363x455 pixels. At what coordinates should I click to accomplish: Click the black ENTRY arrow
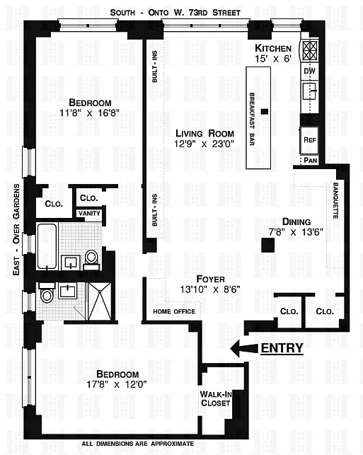243,348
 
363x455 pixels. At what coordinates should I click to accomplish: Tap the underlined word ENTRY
282,348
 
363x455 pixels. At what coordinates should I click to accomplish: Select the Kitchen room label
273,48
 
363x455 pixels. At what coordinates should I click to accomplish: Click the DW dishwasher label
310,71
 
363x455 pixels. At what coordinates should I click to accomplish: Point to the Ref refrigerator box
309,140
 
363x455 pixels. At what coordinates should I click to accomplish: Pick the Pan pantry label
310,160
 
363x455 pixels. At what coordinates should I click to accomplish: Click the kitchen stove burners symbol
310,50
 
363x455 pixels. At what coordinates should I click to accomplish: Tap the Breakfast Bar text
252,120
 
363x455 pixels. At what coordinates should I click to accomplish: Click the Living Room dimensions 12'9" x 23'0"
204,144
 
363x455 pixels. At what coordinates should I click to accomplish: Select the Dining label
296,221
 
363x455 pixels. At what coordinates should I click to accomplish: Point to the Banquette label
335,200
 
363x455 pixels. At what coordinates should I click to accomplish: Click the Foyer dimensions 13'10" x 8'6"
210,289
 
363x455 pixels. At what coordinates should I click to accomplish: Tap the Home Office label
174,311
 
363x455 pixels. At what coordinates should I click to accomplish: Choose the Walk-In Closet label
216,398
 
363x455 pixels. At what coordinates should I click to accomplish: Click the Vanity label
89,213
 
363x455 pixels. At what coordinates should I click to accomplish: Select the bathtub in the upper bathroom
47,246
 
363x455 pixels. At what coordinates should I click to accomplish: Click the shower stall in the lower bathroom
100,301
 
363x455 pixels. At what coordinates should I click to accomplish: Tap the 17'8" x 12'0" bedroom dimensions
117,384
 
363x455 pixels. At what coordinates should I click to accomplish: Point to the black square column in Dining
267,246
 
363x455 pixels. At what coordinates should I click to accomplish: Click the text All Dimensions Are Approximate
138,444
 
